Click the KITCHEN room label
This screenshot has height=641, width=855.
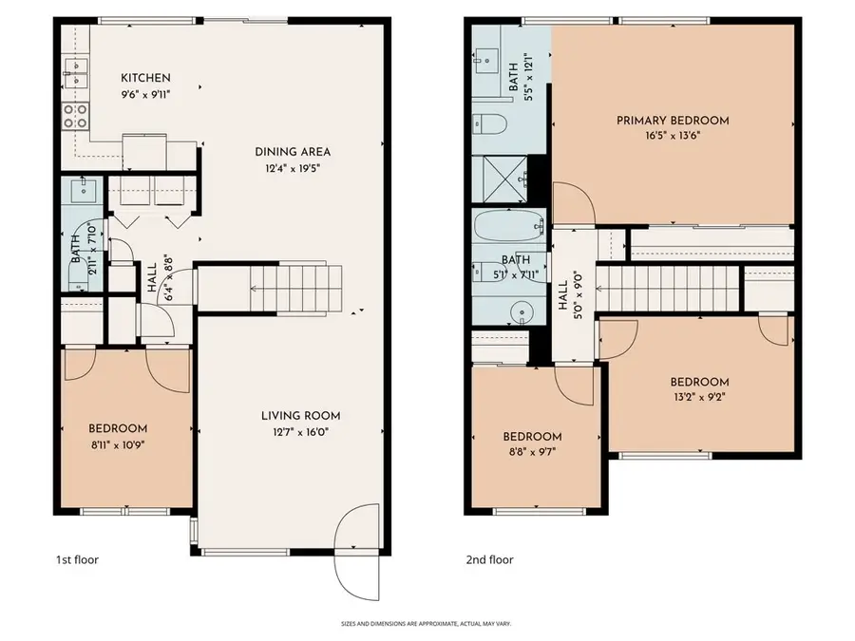click(145, 78)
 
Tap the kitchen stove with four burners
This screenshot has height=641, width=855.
click(75, 116)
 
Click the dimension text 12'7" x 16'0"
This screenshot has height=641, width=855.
click(302, 432)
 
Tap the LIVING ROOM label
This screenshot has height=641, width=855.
click(302, 416)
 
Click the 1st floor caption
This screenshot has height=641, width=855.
click(76, 559)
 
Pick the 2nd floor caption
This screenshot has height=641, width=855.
click(490, 559)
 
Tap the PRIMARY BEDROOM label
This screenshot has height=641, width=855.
click(673, 121)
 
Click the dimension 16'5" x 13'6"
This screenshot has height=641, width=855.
click(673, 136)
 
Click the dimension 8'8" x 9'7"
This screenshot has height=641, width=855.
click(532, 453)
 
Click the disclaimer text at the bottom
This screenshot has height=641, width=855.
click(427, 624)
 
